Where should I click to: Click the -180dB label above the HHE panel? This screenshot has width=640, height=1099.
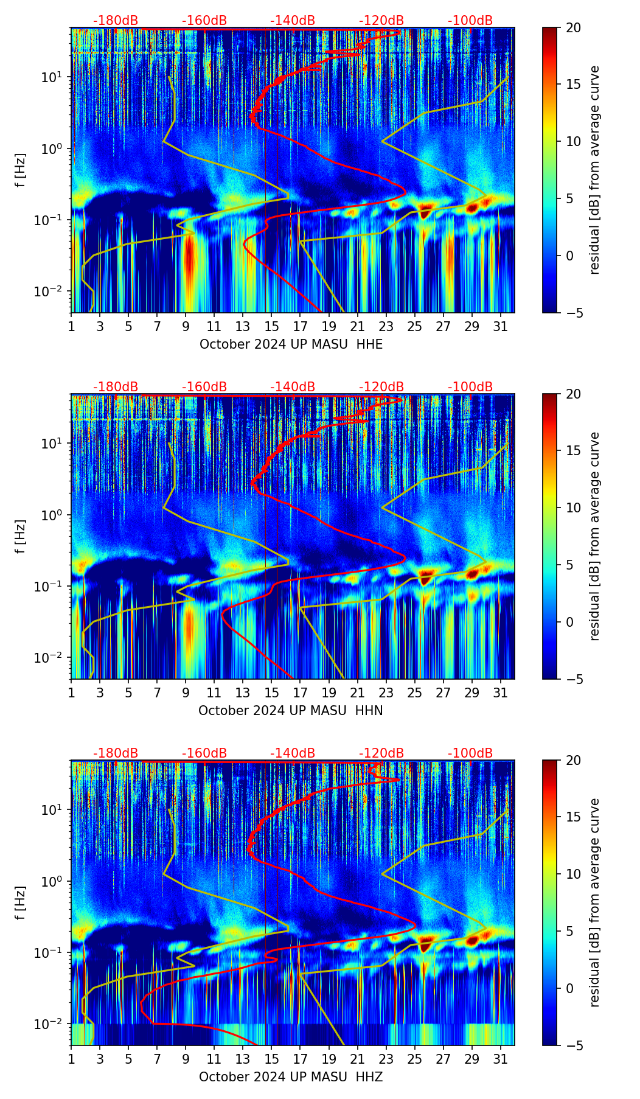point(116,21)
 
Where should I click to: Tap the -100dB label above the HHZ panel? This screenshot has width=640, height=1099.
point(470,753)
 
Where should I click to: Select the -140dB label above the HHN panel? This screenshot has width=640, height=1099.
point(293,387)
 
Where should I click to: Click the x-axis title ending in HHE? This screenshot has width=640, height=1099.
point(291,344)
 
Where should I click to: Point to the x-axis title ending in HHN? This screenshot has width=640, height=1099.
point(290,711)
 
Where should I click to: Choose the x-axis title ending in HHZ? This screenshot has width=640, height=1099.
point(290,1077)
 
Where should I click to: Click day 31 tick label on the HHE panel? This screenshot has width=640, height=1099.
point(501,327)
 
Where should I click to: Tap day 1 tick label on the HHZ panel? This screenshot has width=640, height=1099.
point(71,1059)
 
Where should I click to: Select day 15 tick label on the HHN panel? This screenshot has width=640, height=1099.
point(271,693)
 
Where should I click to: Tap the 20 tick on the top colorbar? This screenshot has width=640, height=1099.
point(573,27)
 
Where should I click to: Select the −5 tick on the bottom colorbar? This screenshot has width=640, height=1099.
point(573,1045)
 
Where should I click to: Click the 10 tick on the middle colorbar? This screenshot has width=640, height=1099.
point(573,508)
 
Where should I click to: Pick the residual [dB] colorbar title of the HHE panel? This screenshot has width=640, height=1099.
point(594,170)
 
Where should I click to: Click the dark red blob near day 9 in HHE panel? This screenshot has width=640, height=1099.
point(190,259)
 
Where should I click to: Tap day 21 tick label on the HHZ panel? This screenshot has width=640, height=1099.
point(357,1059)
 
